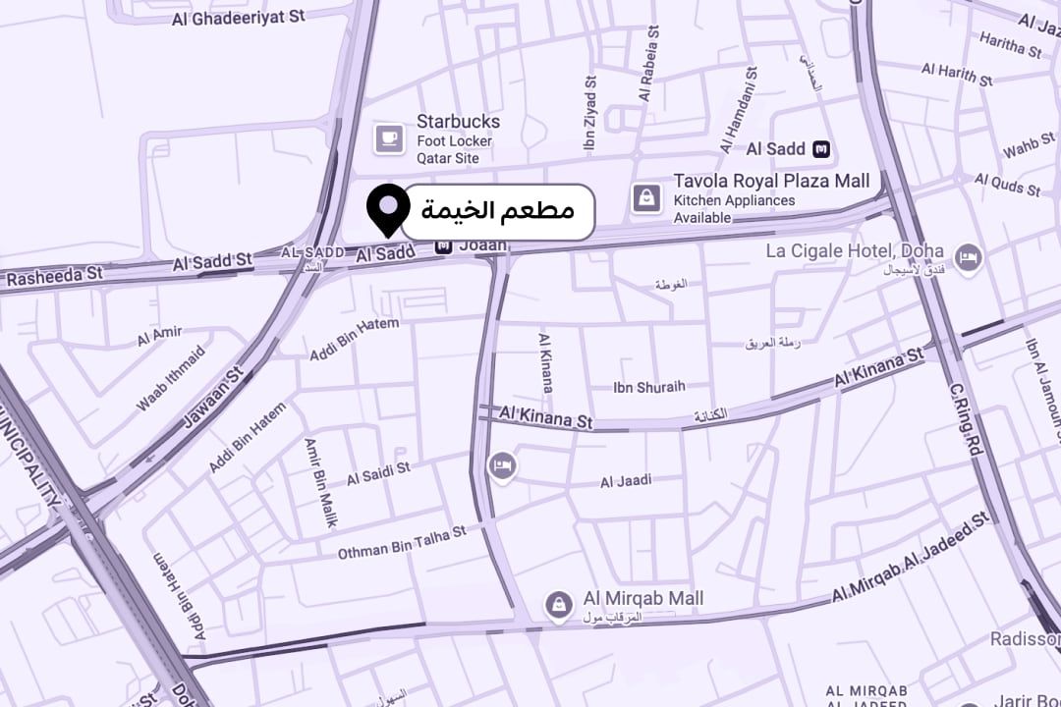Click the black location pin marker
point(388,207)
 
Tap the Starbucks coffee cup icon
point(389,138)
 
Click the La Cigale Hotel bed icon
point(969,258)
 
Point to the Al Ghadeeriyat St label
point(238,18)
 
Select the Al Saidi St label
point(378,474)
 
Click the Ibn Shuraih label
point(648,387)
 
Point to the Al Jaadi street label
point(626,481)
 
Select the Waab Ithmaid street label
point(171,378)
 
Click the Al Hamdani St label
point(739,110)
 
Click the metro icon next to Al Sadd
point(822,149)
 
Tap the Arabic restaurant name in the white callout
point(497,210)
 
